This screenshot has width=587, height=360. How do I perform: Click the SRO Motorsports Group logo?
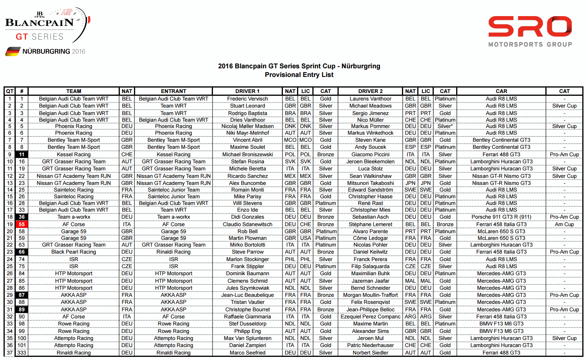[530, 31]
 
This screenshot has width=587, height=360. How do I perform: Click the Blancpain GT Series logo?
[43, 26]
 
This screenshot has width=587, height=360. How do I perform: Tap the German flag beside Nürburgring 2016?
[13, 51]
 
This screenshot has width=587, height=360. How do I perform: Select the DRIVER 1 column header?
[247, 91]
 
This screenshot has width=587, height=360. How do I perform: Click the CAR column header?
[501, 91]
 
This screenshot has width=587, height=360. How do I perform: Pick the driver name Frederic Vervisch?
[247, 99]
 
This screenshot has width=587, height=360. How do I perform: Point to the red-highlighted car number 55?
[22, 225]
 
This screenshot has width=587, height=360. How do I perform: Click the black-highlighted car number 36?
[22, 217]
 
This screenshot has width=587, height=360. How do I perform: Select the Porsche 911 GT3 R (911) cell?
[501, 217]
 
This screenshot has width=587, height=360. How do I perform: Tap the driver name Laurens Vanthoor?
[370, 99]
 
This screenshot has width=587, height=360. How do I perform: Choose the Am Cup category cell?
[564, 225]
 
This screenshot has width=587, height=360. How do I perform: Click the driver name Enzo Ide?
[247, 210]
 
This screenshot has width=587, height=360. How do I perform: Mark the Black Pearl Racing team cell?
[73, 252]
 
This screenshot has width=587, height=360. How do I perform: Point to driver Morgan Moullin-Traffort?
[370, 295]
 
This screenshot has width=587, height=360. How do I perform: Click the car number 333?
[22, 353]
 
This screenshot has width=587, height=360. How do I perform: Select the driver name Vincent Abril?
[247, 140]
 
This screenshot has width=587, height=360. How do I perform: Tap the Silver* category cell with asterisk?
[445, 126]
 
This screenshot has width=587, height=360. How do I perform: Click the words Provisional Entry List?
[299, 75]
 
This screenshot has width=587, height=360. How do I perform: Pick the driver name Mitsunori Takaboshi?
[370, 183]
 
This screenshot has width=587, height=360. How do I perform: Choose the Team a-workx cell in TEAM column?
[73, 217]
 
